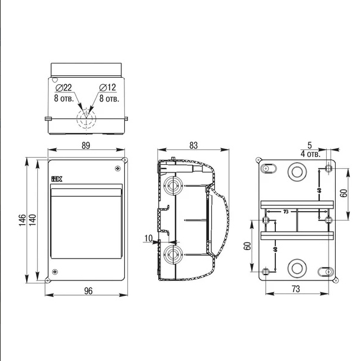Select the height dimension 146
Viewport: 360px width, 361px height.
tap(21, 221)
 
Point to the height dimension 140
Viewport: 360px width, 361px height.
tap(33, 221)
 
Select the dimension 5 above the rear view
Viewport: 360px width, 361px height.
tap(309, 143)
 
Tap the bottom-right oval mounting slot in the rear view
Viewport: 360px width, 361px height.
tap(326, 271)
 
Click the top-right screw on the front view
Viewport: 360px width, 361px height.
tap(118, 168)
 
